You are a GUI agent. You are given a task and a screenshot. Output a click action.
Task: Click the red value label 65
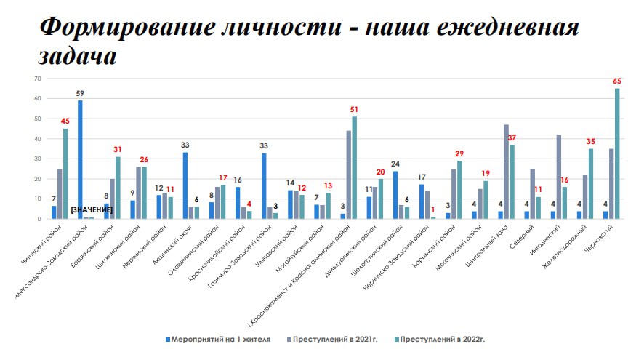tap(617, 82)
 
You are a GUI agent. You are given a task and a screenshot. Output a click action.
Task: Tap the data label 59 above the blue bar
tap(80, 93)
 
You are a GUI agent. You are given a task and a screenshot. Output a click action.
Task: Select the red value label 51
tap(354, 110)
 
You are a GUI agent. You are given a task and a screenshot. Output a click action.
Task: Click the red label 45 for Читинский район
tap(65, 121)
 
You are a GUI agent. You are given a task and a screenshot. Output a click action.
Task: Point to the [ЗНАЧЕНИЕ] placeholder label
tap(92, 209)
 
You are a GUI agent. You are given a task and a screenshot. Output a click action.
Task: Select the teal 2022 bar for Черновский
tap(617, 153)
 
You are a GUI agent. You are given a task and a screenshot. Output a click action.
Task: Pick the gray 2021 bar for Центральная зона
tap(506, 171)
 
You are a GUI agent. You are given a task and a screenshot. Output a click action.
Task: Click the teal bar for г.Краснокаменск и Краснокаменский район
tap(354, 167)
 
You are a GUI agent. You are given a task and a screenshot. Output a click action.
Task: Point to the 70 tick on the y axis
tap(36, 78)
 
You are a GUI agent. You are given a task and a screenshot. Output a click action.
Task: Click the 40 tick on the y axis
tap(36, 138)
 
